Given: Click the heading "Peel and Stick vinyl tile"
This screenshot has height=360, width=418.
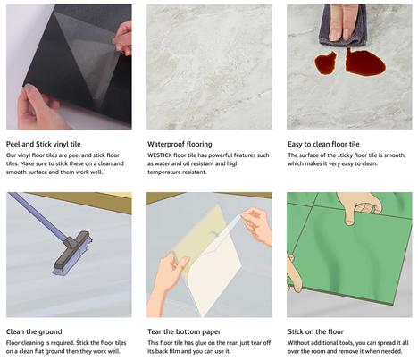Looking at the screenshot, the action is pos(44,144).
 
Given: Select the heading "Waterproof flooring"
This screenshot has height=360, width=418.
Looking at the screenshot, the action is pos(180,144).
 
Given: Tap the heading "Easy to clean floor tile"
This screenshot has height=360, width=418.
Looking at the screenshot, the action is pos(323,144).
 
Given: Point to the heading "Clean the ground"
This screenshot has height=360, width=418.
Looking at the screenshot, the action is pos(34,331).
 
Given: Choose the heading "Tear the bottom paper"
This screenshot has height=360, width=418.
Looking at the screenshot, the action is pos(184,331).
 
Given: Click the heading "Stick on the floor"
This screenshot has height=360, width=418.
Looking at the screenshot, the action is pos(315,331).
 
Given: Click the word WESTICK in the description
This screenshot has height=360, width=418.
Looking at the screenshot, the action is pos(159,155).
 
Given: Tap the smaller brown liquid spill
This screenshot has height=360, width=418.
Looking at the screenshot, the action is pos(325,63).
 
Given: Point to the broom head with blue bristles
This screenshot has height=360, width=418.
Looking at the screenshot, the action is pos(72,253).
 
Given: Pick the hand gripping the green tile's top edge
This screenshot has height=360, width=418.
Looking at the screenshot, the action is pos(360,205).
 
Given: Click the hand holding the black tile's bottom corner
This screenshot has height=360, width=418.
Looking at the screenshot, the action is pos(38,107).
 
